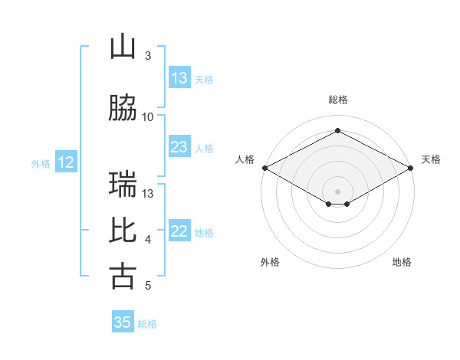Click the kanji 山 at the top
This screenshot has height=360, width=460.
[x=123, y=46]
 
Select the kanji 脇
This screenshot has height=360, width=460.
[x=123, y=107]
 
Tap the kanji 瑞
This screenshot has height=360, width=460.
[x=123, y=184]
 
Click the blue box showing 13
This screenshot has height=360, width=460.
[x=179, y=77]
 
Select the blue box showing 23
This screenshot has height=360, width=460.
[x=179, y=146]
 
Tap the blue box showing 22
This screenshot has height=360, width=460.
[x=179, y=230]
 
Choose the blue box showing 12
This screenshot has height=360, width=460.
[x=66, y=162]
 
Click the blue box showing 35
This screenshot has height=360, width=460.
[x=123, y=321]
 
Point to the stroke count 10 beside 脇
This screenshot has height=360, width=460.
[x=147, y=117]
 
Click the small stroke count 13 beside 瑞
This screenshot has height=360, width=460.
[x=147, y=194]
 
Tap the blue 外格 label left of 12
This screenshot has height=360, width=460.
[x=41, y=164]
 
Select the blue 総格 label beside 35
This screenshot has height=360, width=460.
[x=147, y=324]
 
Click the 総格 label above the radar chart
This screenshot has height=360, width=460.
[x=338, y=100]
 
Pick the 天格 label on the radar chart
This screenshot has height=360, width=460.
[x=431, y=159]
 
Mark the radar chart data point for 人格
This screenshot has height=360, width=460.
[x=265, y=168]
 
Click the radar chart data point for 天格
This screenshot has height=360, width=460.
[x=411, y=168]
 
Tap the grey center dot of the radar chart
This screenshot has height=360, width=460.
[x=337, y=191]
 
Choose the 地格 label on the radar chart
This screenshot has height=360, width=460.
[x=402, y=262]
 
